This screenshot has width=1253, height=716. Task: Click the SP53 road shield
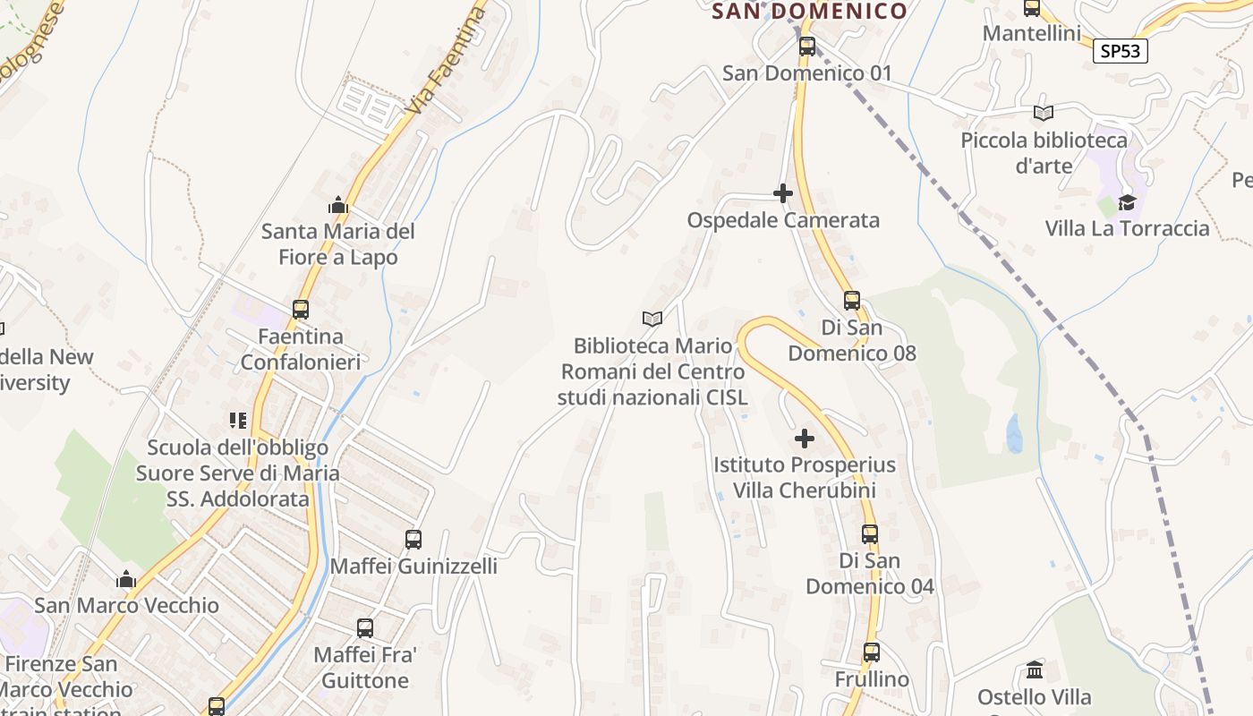(1120, 51)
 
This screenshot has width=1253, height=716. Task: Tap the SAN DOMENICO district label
(809, 11)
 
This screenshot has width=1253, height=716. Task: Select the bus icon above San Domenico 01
(807, 47)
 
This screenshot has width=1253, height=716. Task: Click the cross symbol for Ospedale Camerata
(783, 193)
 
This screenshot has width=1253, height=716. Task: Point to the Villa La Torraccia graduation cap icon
(1127, 202)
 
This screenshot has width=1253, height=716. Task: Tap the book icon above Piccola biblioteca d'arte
(1043, 113)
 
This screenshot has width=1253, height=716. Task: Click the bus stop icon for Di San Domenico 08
(852, 301)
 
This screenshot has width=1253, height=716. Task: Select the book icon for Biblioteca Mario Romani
(652, 319)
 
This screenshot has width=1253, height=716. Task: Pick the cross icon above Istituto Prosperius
(805, 439)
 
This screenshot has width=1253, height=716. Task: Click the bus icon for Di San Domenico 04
(870, 534)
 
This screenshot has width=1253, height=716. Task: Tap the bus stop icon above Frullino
(872, 652)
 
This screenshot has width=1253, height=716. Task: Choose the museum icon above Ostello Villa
(1035, 669)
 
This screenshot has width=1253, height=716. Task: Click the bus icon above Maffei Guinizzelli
(413, 540)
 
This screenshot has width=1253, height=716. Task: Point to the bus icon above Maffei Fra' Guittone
(365, 628)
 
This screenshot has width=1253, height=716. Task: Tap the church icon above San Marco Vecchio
(126, 579)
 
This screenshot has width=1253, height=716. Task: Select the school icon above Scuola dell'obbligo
(237, 420)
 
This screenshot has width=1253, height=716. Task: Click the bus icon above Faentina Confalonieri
(301, 310)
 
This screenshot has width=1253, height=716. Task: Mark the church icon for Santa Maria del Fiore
(337, 205)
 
